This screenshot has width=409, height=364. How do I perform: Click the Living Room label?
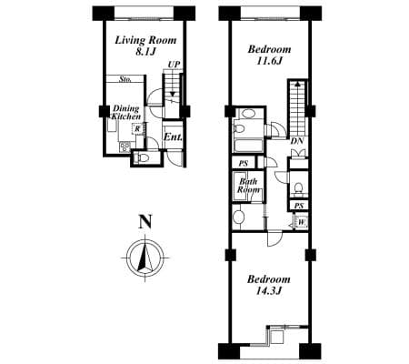click(x=145, y=40)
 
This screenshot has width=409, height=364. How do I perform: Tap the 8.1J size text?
click(x=145, y=52)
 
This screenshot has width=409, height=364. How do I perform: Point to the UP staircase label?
click(x=174, y=65)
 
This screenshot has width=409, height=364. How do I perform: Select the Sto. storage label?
click(x=125, y=79)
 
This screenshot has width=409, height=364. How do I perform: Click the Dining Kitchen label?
click(x=126, y=113)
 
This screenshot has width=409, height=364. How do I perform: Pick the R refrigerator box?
click(x=138, y=128)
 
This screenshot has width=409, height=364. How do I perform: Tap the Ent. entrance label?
click(x=173, y=137)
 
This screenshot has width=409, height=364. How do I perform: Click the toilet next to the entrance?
click(x=142, y=157)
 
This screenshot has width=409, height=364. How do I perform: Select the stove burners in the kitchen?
click(x=125, y=147)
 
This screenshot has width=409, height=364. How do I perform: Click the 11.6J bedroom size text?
click(x=269, y=61)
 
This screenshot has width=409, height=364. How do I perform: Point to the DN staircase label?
click(x=297, y=141)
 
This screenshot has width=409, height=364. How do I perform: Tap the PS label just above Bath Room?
click(x=244, y=164)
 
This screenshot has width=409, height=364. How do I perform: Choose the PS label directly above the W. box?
click(x=299, y=207)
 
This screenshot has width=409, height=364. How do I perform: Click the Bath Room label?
click(x=248, y=186)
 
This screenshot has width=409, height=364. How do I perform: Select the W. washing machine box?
click(x=302, y=223)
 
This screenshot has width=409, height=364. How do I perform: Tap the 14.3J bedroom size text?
click(x=269, y=291)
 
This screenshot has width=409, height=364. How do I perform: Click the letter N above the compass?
click(x=145, y=221)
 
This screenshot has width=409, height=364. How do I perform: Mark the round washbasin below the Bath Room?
click(x=239, y=217)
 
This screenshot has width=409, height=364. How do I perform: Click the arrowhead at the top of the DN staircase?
click(x=297, y=84)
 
